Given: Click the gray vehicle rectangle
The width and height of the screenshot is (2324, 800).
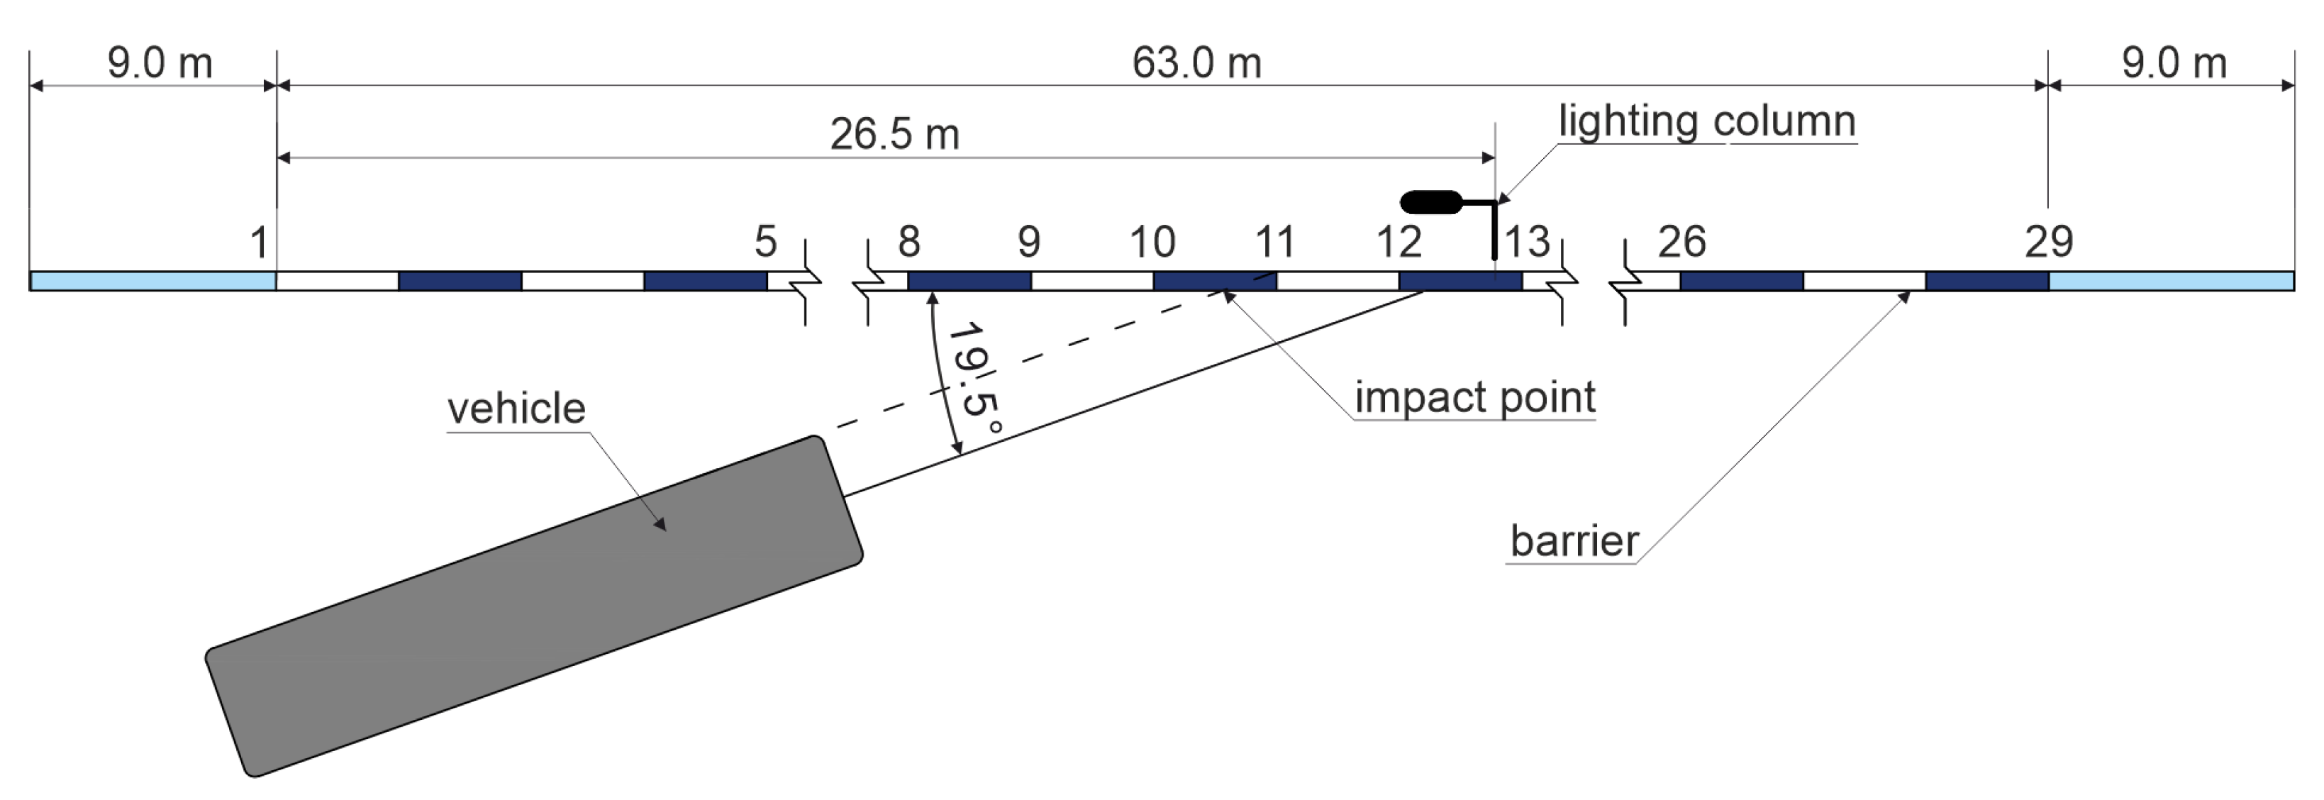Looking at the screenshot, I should [x=534, y=606].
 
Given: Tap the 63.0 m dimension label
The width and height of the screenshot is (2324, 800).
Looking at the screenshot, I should [x=1196, y=63].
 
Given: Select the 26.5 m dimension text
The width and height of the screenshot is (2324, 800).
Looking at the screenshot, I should [x=894, y=134].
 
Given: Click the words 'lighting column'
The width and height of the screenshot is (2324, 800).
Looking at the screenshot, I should [x=1707, y=121].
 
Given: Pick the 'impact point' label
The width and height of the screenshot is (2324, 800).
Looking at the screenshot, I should [x=1475, y=397].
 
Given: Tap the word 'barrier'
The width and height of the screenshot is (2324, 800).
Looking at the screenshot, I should [x=1574, y=541].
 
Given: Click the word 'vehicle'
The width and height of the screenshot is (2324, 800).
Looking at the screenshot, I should [x=516, y=409].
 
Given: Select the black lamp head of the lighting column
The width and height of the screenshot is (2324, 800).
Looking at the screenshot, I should [x=1430, y=202].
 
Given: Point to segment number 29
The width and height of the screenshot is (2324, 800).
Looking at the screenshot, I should [x=2049, y=242].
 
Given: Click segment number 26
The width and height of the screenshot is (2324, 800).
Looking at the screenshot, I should [x=1681, y=242].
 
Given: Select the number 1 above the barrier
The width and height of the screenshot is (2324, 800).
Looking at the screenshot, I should [x=259, y=243].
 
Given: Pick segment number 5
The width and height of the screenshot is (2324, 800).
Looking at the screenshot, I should [x=765, y=242].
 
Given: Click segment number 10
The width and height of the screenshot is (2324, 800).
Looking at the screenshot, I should [x=1152, y=242].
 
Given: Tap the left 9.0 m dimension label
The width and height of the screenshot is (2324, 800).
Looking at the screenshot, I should [x=160, y=63].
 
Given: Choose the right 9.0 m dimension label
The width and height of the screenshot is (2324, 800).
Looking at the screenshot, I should [x=2174, y=63].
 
